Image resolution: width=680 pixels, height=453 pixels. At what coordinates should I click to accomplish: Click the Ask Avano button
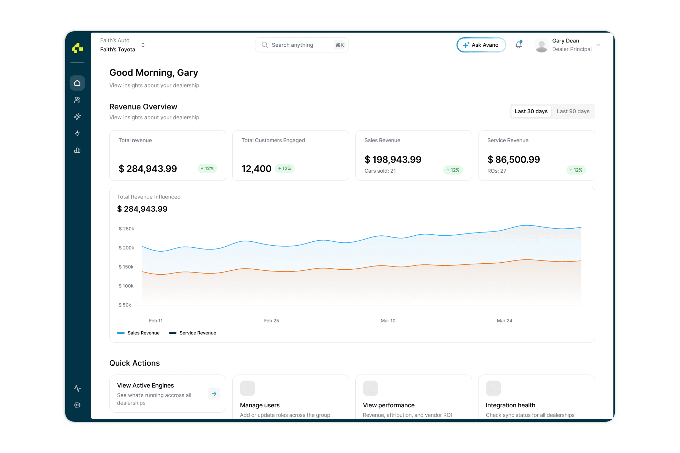click(481, 45)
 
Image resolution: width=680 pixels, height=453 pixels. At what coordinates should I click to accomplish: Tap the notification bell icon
click(518, 45)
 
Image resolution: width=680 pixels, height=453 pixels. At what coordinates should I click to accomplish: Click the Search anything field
click(301, 45)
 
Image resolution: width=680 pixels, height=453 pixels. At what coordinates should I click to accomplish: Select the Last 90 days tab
click(573, 111)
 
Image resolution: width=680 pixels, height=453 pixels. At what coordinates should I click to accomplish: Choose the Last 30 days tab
click(531, 111)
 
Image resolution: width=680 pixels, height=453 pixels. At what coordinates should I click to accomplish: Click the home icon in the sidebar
click(77, 83)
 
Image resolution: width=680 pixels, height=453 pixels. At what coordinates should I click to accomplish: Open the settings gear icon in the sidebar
click(77, 405)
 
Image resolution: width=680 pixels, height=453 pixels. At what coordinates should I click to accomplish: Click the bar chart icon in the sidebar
click(77, 150)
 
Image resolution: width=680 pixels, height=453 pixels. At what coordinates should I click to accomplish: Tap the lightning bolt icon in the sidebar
click(77, 133)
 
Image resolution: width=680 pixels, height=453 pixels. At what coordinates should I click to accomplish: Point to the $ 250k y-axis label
click(126, 229)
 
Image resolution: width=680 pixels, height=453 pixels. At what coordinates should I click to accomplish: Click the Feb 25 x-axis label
click(271, 321)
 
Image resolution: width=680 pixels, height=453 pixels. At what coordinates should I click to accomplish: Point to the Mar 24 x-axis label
click(504, 321)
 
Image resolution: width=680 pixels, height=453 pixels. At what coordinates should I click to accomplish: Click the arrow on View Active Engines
click(214, 394)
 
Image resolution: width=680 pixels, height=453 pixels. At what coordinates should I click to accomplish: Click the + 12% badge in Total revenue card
click(207, 168)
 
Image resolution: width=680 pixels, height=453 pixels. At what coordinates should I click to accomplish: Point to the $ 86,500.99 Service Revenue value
click(514, 160)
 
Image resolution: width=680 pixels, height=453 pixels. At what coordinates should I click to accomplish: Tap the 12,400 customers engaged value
click(256, 169)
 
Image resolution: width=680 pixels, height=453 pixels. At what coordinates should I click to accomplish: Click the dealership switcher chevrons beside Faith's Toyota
click(143, 45)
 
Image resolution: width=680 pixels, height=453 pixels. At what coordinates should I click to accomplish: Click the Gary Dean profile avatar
click(541, 45)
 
